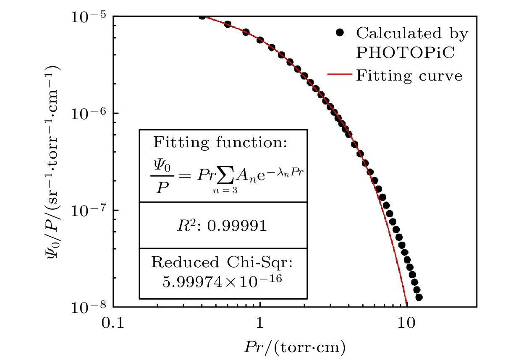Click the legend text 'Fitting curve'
pos(409,76)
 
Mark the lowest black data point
pos(418,297)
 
